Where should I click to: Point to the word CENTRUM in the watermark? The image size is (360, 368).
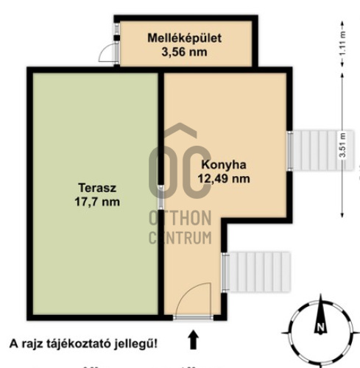tap(180, 237)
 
